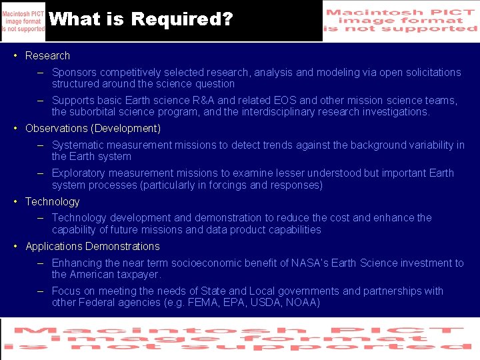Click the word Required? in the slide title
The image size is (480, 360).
click(x=182, y=19)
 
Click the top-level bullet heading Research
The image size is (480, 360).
click(x=47, y=56)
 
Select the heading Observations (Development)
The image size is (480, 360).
click(x=93, y=129)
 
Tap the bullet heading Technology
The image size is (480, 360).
click(x=52, y=202)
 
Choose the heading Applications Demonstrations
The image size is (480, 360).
click(x=93, y=247)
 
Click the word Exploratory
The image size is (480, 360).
click(x=78, y=173)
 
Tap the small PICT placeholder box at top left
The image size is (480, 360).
click(x=23, y=21)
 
